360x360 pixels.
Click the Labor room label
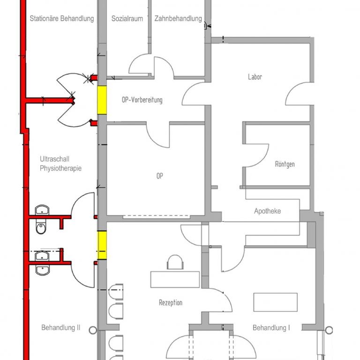(255, 77)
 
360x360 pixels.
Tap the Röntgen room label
(285, 164)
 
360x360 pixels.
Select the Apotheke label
(268, 211)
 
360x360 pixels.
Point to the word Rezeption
(171, 303)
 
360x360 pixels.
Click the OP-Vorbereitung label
(142, 100)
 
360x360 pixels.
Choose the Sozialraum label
(127, 19)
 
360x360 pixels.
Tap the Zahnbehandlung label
(178, 19)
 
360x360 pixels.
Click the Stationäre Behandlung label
(62, 19)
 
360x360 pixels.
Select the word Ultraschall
(55, 159)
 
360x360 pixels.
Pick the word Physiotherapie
(60, 168)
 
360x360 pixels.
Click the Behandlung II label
(61, 328)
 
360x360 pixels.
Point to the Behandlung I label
(271, 328)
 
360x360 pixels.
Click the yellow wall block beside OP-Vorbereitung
(102, 100)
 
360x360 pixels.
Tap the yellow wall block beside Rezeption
(102, 245)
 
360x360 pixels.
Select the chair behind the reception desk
(175, 262)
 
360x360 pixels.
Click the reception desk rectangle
(175, 279)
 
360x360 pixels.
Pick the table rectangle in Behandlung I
(276, 302)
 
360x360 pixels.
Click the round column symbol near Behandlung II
(93, 330)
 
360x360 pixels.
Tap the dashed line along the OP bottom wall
(156, 216)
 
